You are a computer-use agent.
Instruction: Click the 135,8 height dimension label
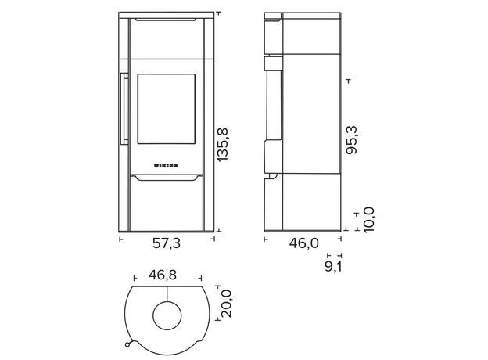(x=223, y=145)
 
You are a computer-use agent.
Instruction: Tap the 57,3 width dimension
(x=167, y=243)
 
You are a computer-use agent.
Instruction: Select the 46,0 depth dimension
(x=304, y=243)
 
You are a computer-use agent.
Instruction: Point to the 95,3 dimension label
(x=352, y=140)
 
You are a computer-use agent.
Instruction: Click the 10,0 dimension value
(x=368, y=220)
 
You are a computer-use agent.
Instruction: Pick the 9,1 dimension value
(x=333, y=267)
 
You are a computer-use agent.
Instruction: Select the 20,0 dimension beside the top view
(x=227, y=304)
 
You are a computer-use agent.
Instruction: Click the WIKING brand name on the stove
(x=166, y=166)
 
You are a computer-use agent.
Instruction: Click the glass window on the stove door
(x=167, y=109)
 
